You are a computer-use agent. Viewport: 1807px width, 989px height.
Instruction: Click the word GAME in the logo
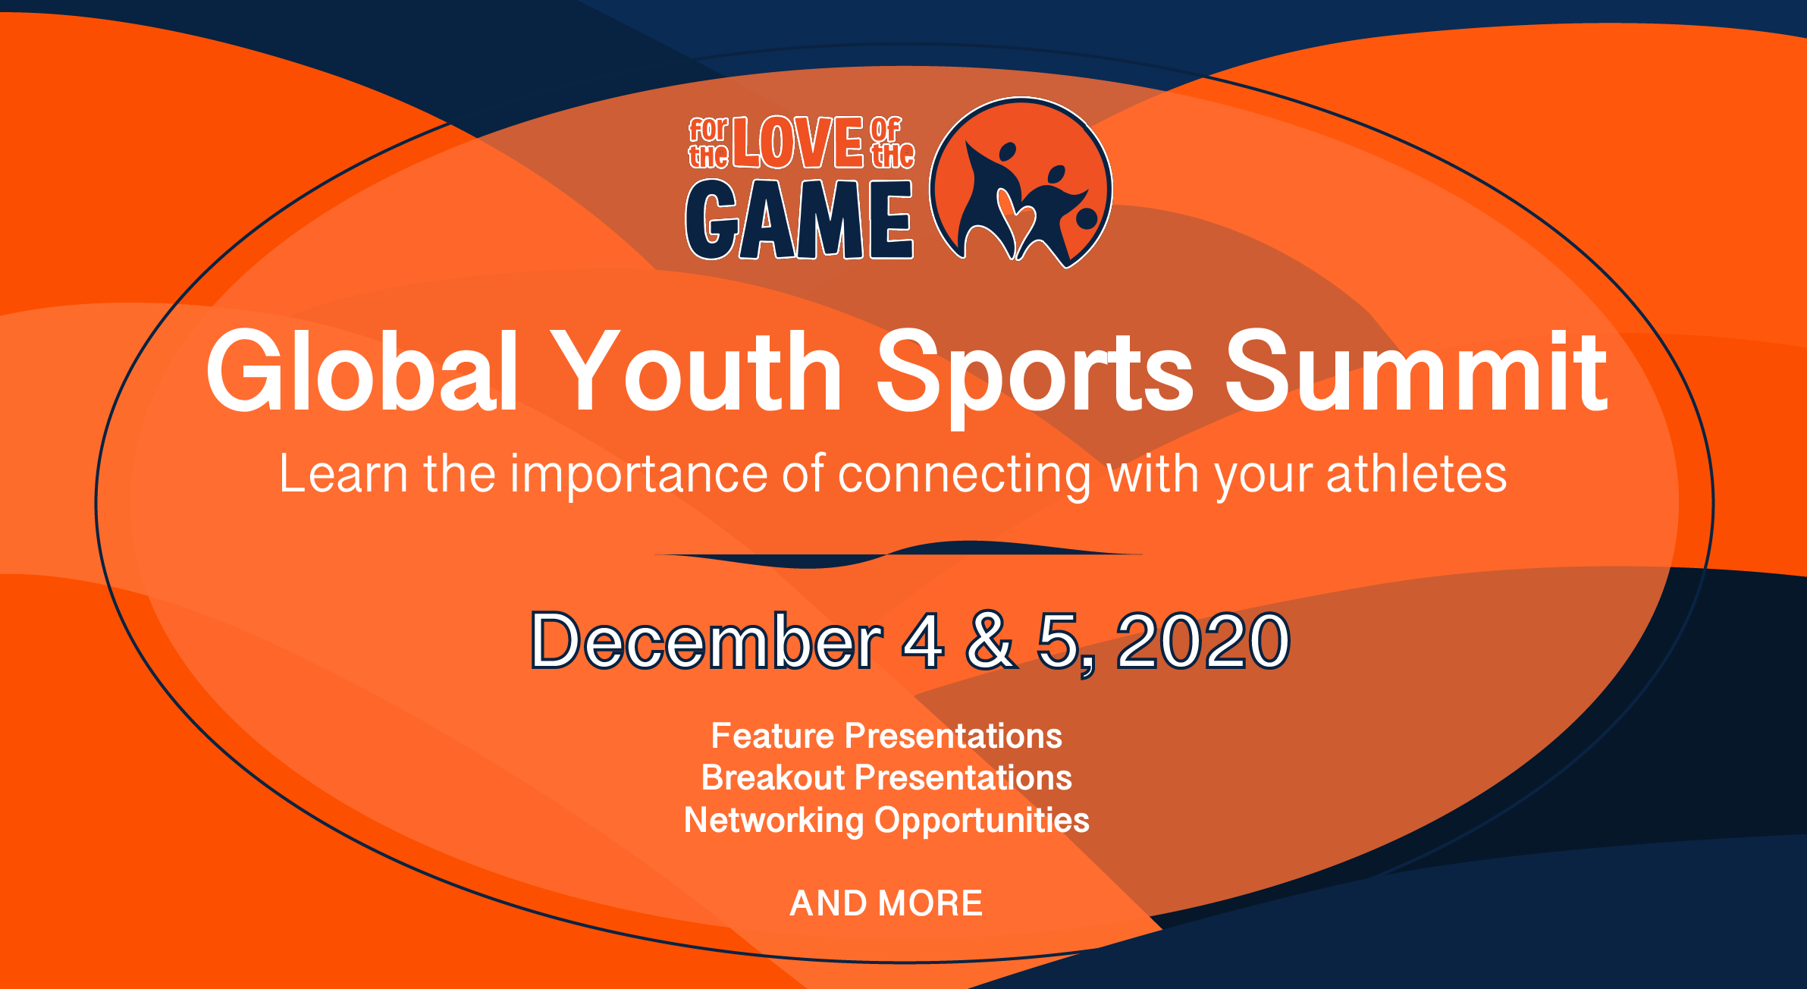pos(799,220)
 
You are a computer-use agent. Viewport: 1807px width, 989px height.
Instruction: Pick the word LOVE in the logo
pos(798,143)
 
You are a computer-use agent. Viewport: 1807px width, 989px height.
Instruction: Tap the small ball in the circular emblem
pos(1087,218)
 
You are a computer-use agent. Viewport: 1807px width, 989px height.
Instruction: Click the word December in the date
pos(707,641)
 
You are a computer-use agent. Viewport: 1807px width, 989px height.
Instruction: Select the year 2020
pos(1203,641)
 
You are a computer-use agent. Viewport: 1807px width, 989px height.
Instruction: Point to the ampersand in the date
pos(990,641)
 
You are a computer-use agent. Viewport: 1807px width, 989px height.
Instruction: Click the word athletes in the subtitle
pos(1416,474)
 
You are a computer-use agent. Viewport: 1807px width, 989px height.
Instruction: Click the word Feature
pos(773,736)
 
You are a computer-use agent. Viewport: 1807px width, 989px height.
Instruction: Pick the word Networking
pos(773,821)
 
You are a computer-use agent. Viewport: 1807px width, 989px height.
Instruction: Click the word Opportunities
pos(982,821)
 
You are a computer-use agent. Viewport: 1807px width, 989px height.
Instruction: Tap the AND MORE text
pos(886,903)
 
